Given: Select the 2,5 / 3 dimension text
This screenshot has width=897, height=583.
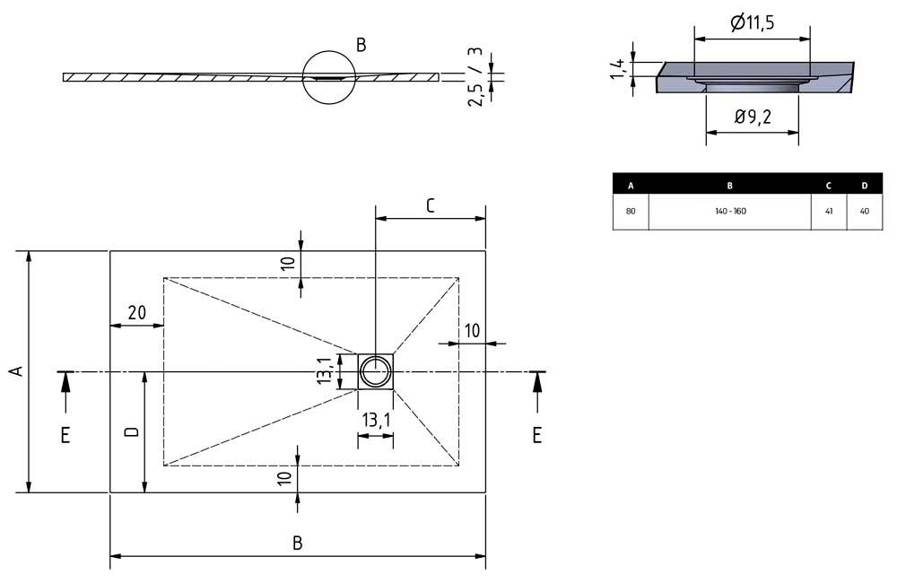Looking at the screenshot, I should click(x=477, y=77).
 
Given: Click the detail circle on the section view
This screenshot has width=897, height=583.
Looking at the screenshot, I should click(x=329, y=77).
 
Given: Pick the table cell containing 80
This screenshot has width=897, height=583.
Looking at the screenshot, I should click(x=631, y=212).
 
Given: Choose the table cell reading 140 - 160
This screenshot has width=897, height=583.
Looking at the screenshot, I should click(x=729, y=212).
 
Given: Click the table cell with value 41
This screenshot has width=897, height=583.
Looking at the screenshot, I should click(x=829, y=212).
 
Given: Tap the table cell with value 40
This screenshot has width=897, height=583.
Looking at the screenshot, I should click(x=864, y=212).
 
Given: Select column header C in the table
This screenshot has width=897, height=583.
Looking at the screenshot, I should click(x=829, y=186).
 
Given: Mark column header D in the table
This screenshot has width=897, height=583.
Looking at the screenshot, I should click(x=864, y=186).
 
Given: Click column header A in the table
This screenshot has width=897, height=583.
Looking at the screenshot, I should click(x=631, y=186).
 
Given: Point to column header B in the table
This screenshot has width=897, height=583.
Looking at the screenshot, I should click(x=729, y=186).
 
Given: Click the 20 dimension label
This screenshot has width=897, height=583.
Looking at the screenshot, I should click(x=136, y=313).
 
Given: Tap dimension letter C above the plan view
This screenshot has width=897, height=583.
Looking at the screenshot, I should click(x=430, y=206).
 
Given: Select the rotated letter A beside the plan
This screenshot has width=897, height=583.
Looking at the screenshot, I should click(x=14, y=371).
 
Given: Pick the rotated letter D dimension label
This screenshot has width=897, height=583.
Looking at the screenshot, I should click(x=131, y=432).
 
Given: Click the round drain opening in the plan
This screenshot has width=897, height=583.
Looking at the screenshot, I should click(x=376, y=370).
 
